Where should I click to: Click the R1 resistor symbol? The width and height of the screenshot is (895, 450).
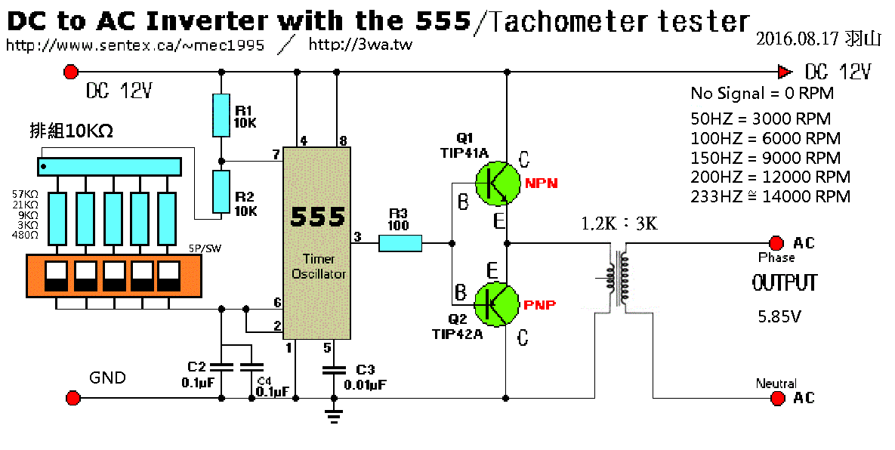(x=221, y=115)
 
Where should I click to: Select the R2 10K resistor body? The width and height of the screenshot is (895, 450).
(x=221, y=193)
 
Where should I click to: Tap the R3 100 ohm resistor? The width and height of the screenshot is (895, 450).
(x=400, y=242)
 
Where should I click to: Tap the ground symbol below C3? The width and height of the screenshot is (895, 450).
(x=333, y=413)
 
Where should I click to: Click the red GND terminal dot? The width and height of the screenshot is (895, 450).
(x=73, y=398)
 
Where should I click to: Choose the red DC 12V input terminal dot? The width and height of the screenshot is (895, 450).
(x=71, y=72)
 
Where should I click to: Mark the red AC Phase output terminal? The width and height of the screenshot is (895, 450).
(x=776, y=242)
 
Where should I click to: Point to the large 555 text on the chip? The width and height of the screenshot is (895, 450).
(x=318, y=217)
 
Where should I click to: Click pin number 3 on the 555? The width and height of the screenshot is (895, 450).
(x=356, y=238)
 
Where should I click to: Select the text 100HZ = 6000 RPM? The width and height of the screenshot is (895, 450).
(x=765, y=139)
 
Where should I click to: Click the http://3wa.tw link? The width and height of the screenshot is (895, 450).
(x=360, y=45)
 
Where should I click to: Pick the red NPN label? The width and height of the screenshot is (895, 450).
(x=541, y=183)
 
